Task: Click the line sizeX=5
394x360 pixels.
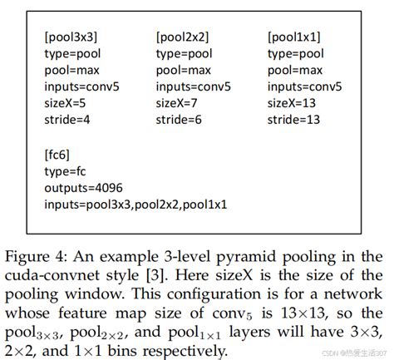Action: coord(66,103)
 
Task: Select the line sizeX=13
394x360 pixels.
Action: coord(292,103)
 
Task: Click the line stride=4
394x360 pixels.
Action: coord(69,120)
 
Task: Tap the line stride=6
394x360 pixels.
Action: coord(180,120)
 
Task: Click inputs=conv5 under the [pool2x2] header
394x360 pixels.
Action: coord(193,86)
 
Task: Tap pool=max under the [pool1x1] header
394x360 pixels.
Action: coord(295,70)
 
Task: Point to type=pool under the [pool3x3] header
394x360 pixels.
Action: coord(74,53)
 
